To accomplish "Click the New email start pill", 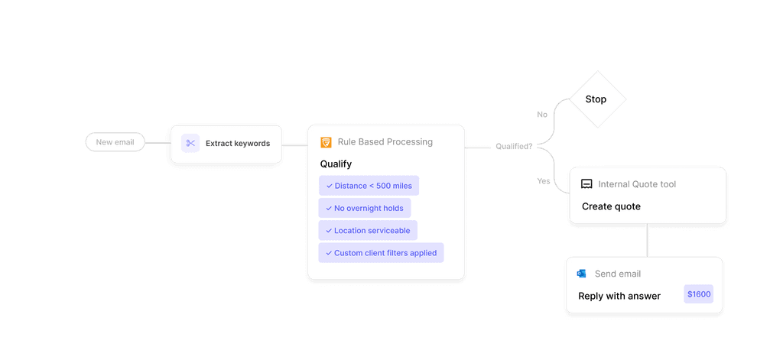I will pyautogui.click(x=115, y=142).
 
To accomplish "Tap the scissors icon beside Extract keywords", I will pyautogui.click(x=190, y=143).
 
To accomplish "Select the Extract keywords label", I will pyautogui.click(x=237, y=143).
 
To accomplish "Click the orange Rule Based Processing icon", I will pyautogui.click(x=326, y=142).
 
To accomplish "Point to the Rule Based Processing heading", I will pyautogui.click(x=385, y=142).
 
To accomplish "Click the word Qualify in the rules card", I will pyautogui.click(x=336, y=164).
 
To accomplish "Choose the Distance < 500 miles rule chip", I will pyautogui.click(x=369, y=186).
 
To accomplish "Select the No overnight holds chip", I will pyautogui.click(x=365, y=208).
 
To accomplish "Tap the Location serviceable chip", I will pyautogui.click(x=368, y=230).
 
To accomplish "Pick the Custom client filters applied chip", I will pyautogui.click(x=381, y=253).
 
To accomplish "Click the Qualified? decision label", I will pyautogui.click(x=514, y=146).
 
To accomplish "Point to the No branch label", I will pyautogui.click(x=542, y=115).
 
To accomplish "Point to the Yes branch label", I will pyautogui.click(x=543, y=181).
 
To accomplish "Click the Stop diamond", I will pyautogui.click(x=596, y=99).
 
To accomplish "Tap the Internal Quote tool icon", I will pyautogui.click(x=586, y=184).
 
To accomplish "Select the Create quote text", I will pyautogui.click(x=611, y=206).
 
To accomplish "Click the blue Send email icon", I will pyautogui.click(x=582, y=274).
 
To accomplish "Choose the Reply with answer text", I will pyautogui.click(x=619, y=296).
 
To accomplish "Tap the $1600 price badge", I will pyautogui.click(x=698, y=294).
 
